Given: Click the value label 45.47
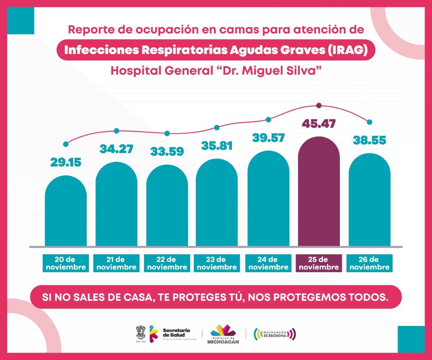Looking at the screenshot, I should pyautogui.click(x=319, y=124).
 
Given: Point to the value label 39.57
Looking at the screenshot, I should pyautogui.click(x=268, y=138).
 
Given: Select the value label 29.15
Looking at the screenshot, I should pyautogui.click(x=66, y=162).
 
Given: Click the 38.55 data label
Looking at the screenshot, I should pyautogui.click(x=369, y=140).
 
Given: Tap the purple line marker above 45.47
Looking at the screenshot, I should pyautogui.click(x=319, y=106).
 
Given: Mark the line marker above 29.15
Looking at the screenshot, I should pyautogui.click(x=66, y=144).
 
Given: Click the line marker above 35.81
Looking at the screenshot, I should pyautogui.click(x=217, y=128).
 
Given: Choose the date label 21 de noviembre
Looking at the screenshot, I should pyautogui.click(x=116, y=263).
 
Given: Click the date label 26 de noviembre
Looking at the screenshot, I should pyautogui.click(x=369, y=263).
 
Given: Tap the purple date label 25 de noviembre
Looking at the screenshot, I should pyautogui.click(x=319, y=263).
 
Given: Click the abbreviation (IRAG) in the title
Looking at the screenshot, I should pyautogui.click(x=348, y=50).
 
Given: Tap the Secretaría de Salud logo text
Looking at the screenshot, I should pyautogui.click(x=176, y=333).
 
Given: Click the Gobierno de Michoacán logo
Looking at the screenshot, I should pyautogui.click(x=223, y=334).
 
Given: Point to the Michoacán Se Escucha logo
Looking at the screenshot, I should pyautogui.click(x=275, y=334).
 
